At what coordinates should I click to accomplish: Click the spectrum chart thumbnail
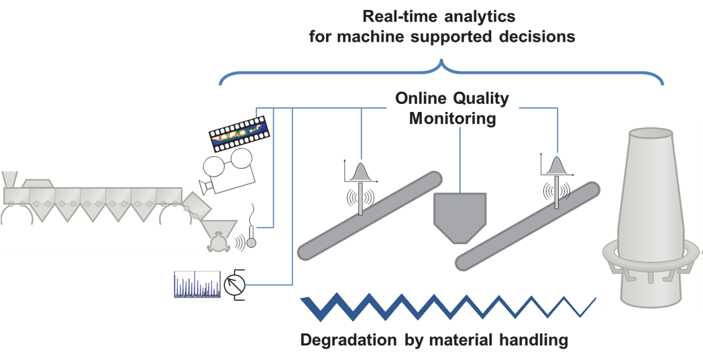197,284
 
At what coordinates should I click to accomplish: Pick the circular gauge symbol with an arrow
234,284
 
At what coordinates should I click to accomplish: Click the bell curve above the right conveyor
556,167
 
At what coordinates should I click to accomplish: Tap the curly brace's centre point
441,64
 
